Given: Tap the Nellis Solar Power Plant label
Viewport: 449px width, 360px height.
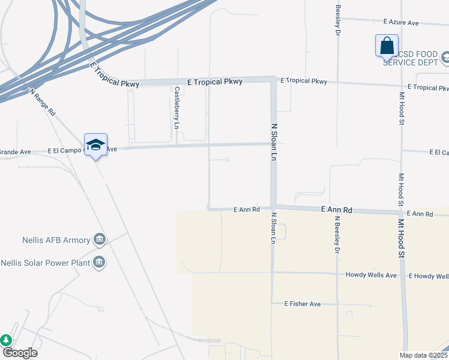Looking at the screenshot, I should point(45,263).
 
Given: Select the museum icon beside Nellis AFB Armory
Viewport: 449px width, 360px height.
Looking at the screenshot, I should point(100,241).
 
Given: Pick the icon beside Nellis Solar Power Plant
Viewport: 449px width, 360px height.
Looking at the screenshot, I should point(100,262).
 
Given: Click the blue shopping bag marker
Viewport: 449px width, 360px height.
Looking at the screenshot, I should point(387,46).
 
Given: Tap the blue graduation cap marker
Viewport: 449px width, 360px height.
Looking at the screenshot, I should point(95,145).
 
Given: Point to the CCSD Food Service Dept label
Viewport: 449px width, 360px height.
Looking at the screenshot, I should point(414,58).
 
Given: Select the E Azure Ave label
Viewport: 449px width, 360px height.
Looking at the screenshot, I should point(401,22).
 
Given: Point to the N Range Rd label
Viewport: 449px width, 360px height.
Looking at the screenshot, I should point(43,102).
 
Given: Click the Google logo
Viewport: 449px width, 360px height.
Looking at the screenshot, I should point(20,353).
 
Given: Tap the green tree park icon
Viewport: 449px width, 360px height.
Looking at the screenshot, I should point(6,340).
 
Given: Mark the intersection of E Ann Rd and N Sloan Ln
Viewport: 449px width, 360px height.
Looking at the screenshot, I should point(273,208).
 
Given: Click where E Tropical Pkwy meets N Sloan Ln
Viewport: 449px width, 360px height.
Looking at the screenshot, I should point(273,80).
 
